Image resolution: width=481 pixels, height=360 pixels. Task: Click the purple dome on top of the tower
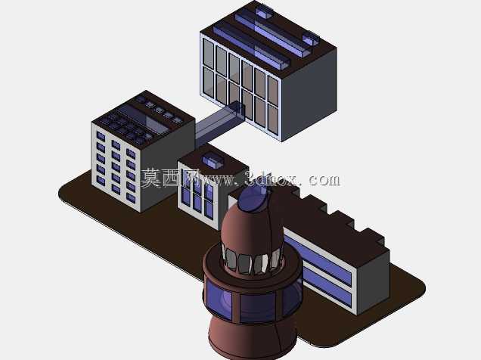[x=253, y=200]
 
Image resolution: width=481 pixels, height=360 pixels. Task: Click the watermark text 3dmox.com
[x=293, y=178]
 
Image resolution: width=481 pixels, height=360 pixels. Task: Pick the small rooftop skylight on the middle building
[x=212, y=161]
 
